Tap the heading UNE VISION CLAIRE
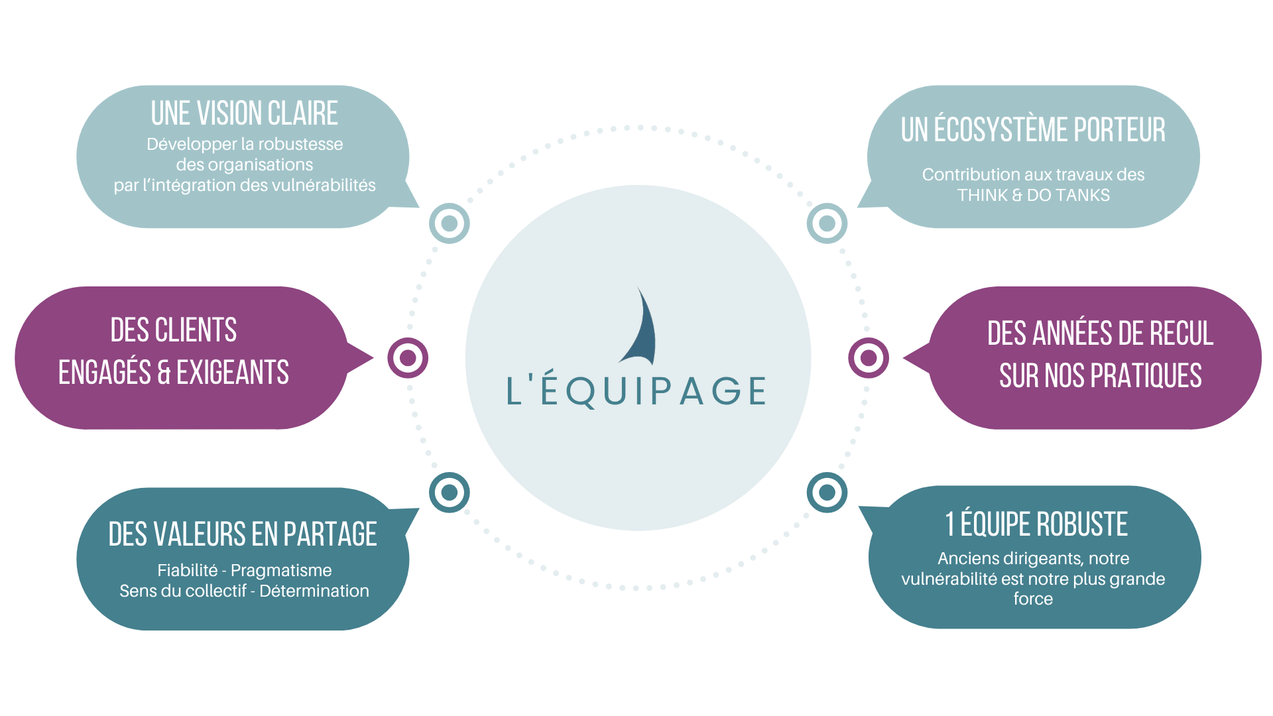pyautogui.click(x=244, y=113)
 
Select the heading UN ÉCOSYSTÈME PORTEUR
pyautogui.click(x=1032, y=130)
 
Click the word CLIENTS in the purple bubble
pyautogui.click(x=196, y=330)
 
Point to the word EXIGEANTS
pyautogui.click(x=233, y=373)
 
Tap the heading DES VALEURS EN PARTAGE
pyautogui.click(x=243, y=534)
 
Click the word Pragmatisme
pyautogui.click(x=281, y=570)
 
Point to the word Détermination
pyautogui.click(x=314, y=591)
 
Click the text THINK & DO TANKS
pyautogui.click(x=1033, y=195)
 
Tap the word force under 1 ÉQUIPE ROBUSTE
pyautogui.click(x=1033, y=599)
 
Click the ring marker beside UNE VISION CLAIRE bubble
pyautogui.click(x=450, y=223)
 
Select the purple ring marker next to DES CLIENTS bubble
pyautogui.click(x=408, y=358)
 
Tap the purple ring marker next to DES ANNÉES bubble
pyautogui.click(x=869, y=358)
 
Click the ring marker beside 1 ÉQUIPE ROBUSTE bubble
pyautogui.click(x=827, y=493)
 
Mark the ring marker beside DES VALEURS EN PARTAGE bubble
pyautogui.click(x=450, y=493)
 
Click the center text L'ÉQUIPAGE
pyautogui.click(x=636, y=390)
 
